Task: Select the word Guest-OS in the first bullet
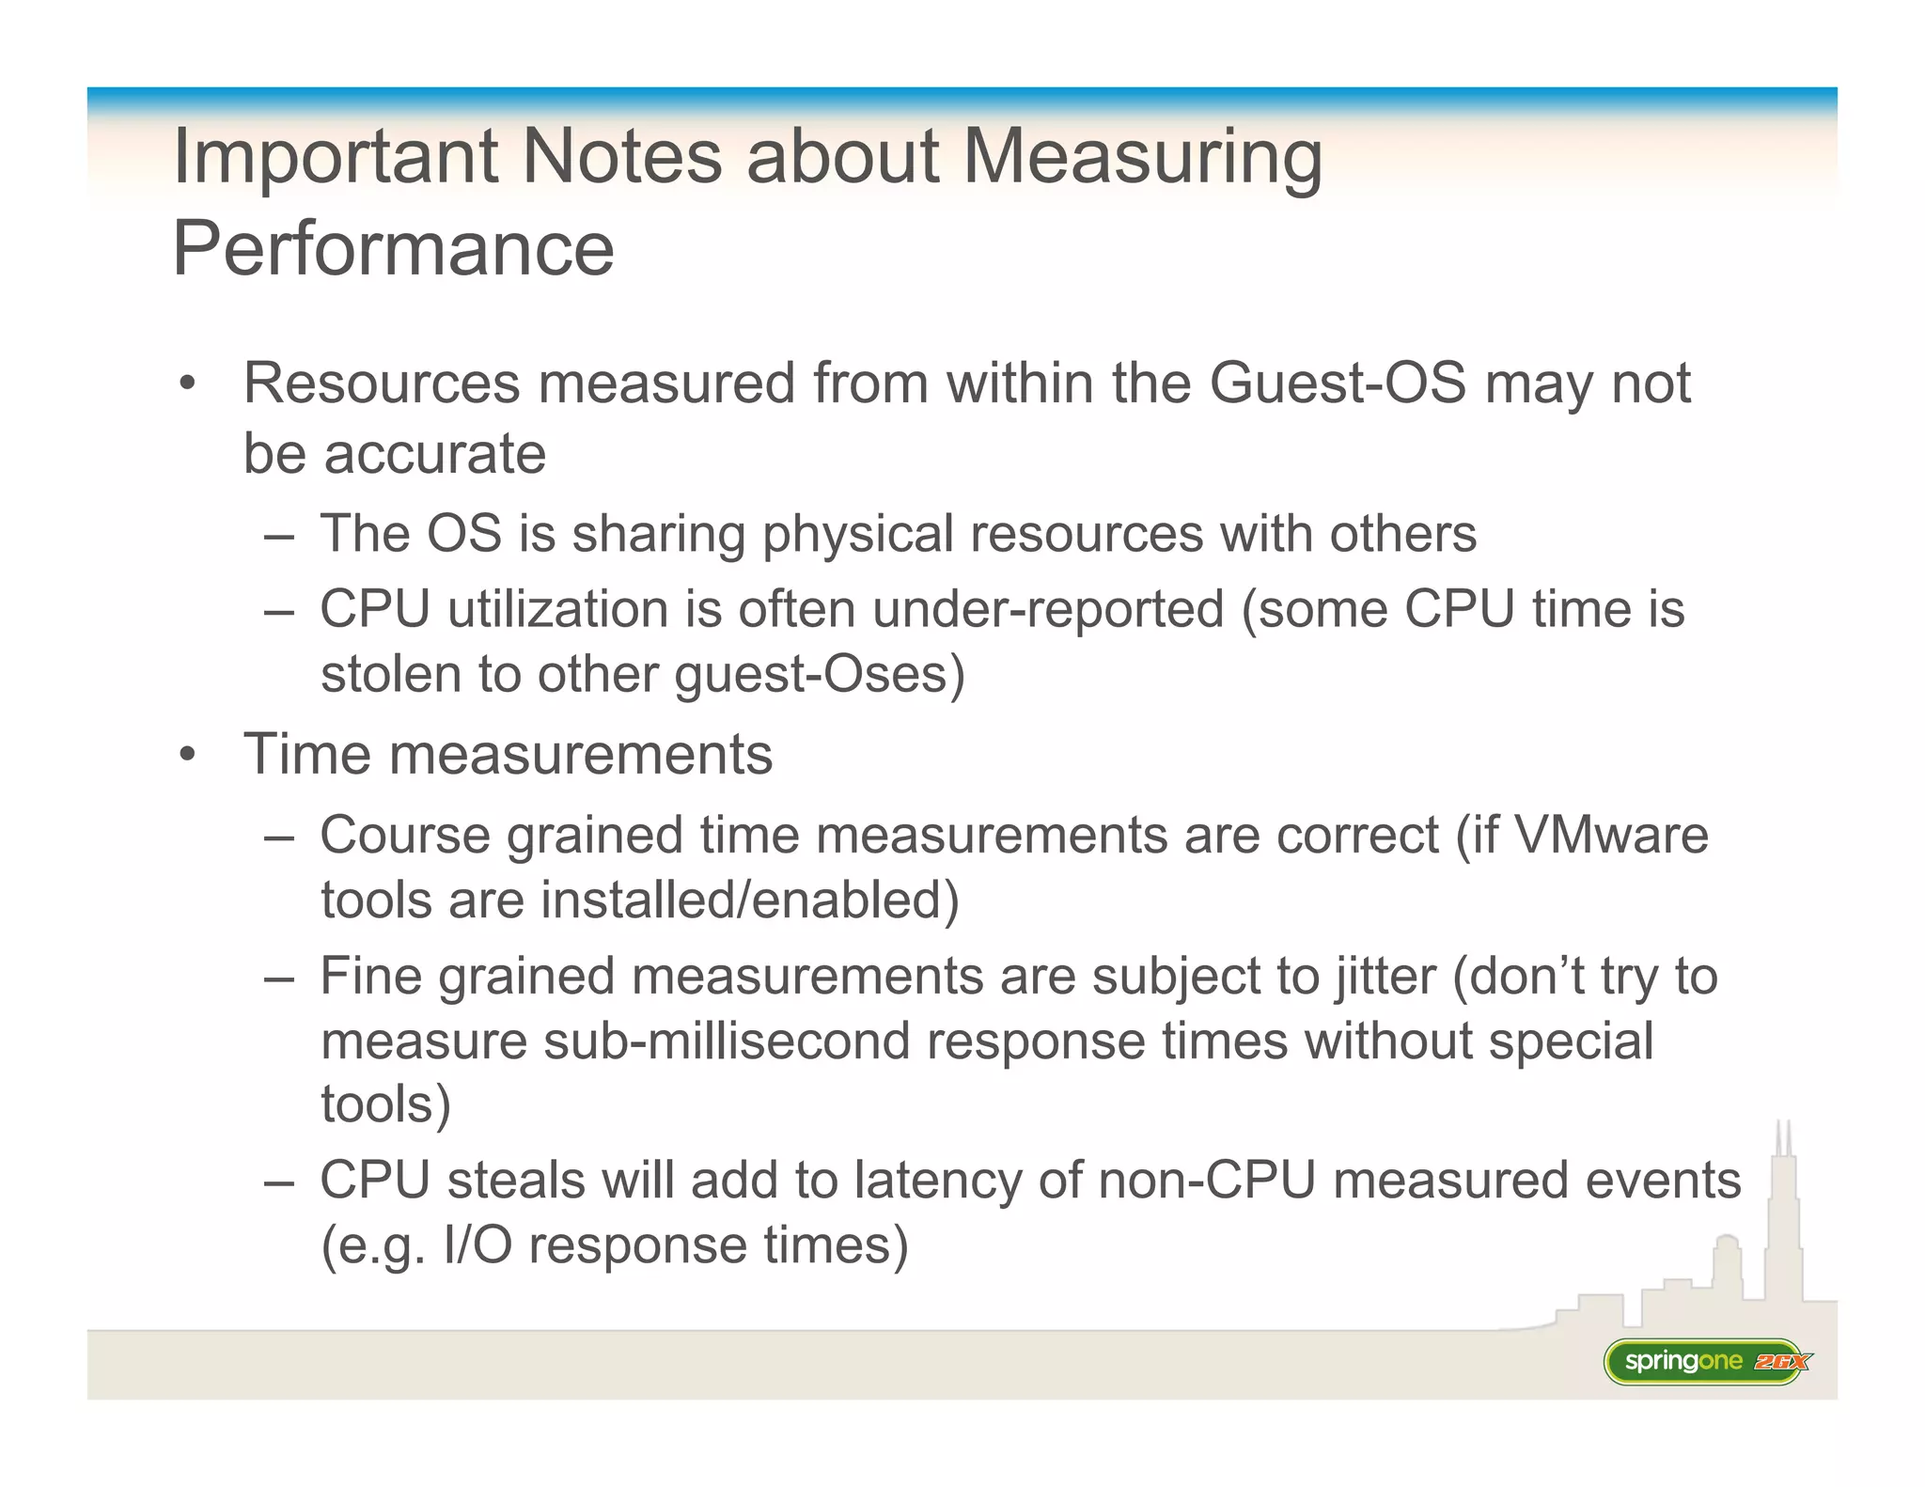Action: pos(1337,383)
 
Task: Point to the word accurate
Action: pos(434,454)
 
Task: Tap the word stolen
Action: pos(391,674)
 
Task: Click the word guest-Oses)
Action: pos(820,674)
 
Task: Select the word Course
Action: pos(405,835)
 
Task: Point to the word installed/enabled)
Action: pos(749,900)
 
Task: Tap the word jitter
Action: pos(1385,976)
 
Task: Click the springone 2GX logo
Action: pos(1704,1361)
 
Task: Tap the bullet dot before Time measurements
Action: pos(188,755)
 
